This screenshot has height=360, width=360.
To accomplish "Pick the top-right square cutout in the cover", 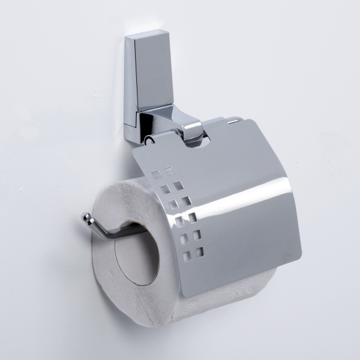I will tap(170, 170).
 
